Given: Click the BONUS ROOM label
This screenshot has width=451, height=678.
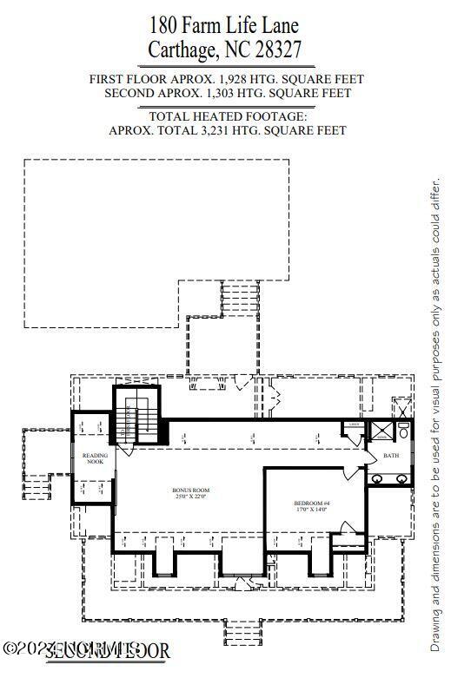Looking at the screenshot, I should click(190, 490).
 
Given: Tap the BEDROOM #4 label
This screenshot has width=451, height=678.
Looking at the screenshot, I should click(309, 503).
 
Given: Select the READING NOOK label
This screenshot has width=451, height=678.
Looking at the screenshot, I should click(95, 458).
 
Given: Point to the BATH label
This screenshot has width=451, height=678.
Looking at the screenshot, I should click(390, 456).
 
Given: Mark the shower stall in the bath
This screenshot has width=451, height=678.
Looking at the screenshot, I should click(380, 431).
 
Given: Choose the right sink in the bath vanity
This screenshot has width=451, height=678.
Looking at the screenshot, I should click(401, 478).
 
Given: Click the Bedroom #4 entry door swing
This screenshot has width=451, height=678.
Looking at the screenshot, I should click(349, 472).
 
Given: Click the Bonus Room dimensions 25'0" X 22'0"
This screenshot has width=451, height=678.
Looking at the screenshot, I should click(190, 497).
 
